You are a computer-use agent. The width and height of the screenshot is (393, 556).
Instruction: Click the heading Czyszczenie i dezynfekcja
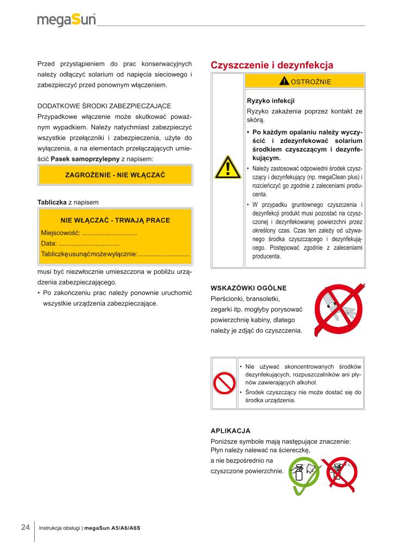[x=271, y=65]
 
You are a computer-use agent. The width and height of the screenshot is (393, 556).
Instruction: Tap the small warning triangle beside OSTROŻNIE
[x=284, y=81]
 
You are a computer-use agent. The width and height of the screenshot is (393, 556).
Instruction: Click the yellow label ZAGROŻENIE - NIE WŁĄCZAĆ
[x=115, y=175]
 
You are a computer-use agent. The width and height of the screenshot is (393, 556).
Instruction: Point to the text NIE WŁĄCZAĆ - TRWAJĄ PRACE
[x=115, y=220]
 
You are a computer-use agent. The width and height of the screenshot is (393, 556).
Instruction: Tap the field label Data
[x=49, y=243]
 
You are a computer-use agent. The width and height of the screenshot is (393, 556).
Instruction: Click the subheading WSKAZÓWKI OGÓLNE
[x=248, y=287]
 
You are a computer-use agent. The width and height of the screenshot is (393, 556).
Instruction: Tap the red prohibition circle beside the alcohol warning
[x=224, y=383]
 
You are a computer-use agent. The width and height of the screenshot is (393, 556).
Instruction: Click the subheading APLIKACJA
[x=230, y=431]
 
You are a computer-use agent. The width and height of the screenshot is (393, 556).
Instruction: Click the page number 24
[x=26, y=527]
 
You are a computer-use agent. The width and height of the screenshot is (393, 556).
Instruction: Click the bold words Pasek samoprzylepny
[x=85, y=159]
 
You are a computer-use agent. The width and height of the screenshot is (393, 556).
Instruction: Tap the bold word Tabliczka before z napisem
[x=52, y=202]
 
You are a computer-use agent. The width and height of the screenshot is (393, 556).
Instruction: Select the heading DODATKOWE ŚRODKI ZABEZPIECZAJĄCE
[x=104, y=105]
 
